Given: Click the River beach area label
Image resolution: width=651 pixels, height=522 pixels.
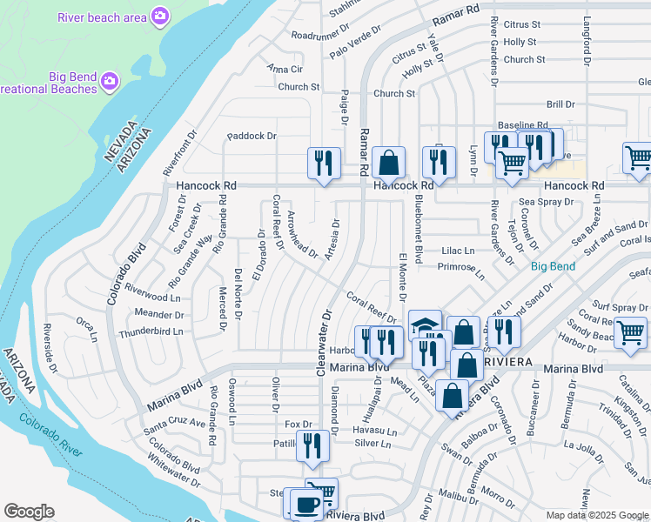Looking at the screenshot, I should pyautogui.click(x=102, y=17).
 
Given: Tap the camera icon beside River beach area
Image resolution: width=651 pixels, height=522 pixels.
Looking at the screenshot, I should pyautogui.click(x=159, y=16).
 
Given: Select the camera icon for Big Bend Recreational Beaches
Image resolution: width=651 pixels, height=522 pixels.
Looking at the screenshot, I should pyautogui.click(x=109, y=82).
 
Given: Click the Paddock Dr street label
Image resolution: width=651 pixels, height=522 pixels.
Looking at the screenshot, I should pyautogui.click(x=252, y=137).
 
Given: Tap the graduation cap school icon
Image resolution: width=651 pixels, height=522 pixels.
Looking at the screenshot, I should pyautogui.click(x=425, y=325).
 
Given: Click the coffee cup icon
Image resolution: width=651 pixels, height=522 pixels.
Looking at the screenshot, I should pyautogui.click(x=305, y=505).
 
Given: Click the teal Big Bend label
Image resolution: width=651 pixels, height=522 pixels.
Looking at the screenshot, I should pyautogui.click(x=553, y=265).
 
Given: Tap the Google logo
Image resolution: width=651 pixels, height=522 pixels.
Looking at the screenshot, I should pyautogui.click(x=29, y=512).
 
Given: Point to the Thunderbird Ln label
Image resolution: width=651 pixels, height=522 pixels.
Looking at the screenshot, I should pyautogui.click(x=151, y=331).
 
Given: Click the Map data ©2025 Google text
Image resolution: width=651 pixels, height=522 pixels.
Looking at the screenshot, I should pyautogui.click(x=597, y=515).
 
